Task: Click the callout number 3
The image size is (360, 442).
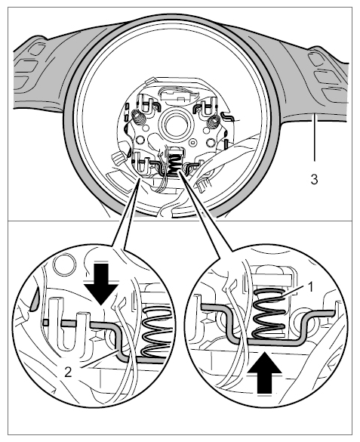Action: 314,179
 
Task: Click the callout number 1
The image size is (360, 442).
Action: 310,288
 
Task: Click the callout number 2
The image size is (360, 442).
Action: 68,372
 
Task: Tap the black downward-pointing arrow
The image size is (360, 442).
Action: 101,285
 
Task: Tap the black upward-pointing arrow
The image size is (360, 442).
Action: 265,372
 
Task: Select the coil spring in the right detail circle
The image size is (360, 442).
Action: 269,313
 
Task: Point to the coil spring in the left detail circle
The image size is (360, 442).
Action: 155,332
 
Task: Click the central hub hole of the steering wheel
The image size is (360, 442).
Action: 174,123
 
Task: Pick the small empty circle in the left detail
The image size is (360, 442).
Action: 66,264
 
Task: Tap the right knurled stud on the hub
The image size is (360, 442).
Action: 213,122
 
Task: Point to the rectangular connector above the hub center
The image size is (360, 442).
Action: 177,95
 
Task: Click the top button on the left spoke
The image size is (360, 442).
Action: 36,49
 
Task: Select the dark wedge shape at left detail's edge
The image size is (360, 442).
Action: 34,300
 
